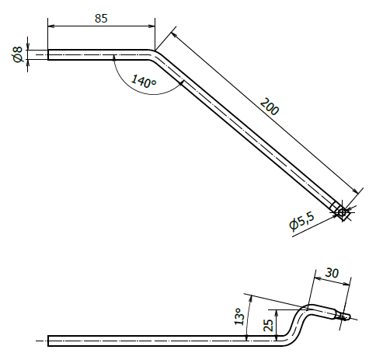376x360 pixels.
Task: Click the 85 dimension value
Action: tap(101, 19)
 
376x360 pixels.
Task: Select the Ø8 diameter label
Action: tap(18, 54)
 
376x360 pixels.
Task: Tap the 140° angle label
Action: tap(144, 81)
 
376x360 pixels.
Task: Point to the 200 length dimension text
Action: tap(270, 107)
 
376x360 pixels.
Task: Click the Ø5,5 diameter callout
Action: tap(302, 221)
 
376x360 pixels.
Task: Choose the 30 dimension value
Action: tap(332, 273)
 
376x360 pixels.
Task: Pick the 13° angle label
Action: tap(238, 316)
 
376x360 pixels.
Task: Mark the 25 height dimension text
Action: tap(269, 326)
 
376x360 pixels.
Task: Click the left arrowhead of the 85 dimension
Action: tap(51, 26)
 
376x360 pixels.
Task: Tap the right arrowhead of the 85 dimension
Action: tap(151, 26)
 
